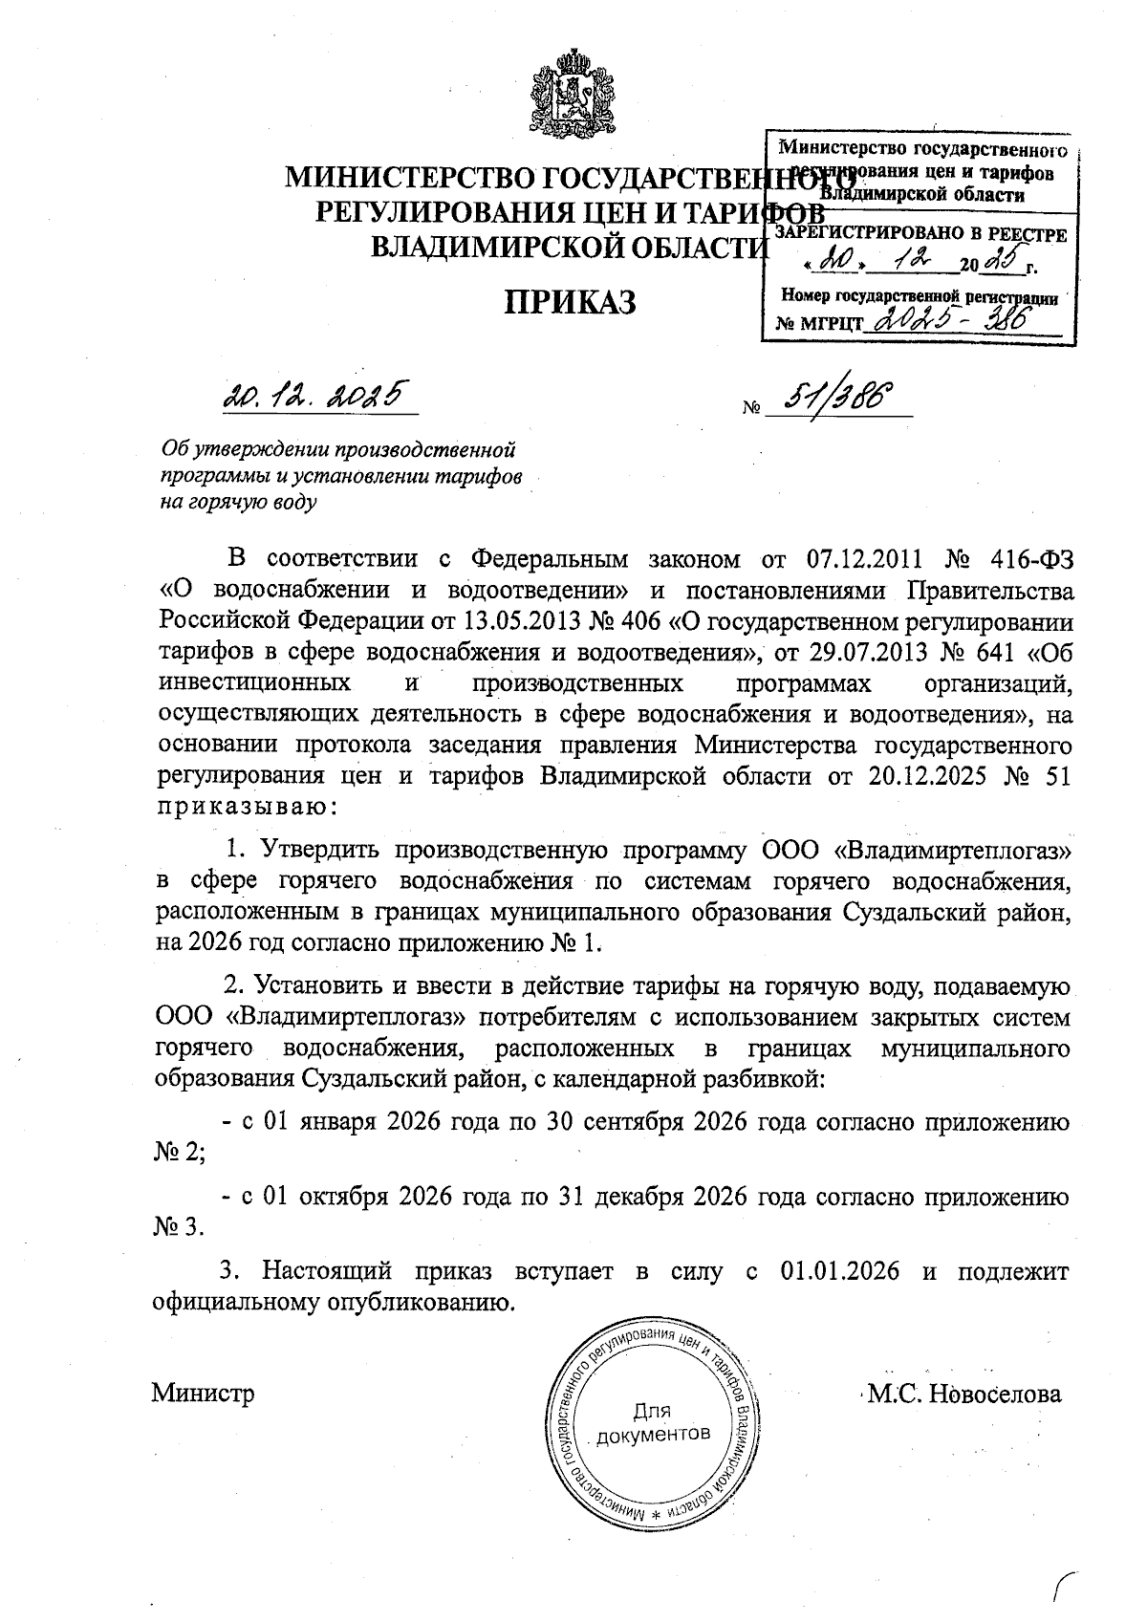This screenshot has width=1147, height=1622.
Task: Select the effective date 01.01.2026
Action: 839,1272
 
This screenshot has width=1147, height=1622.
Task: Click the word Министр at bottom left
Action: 203,1394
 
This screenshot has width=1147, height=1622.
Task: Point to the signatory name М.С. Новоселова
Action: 963,1394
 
